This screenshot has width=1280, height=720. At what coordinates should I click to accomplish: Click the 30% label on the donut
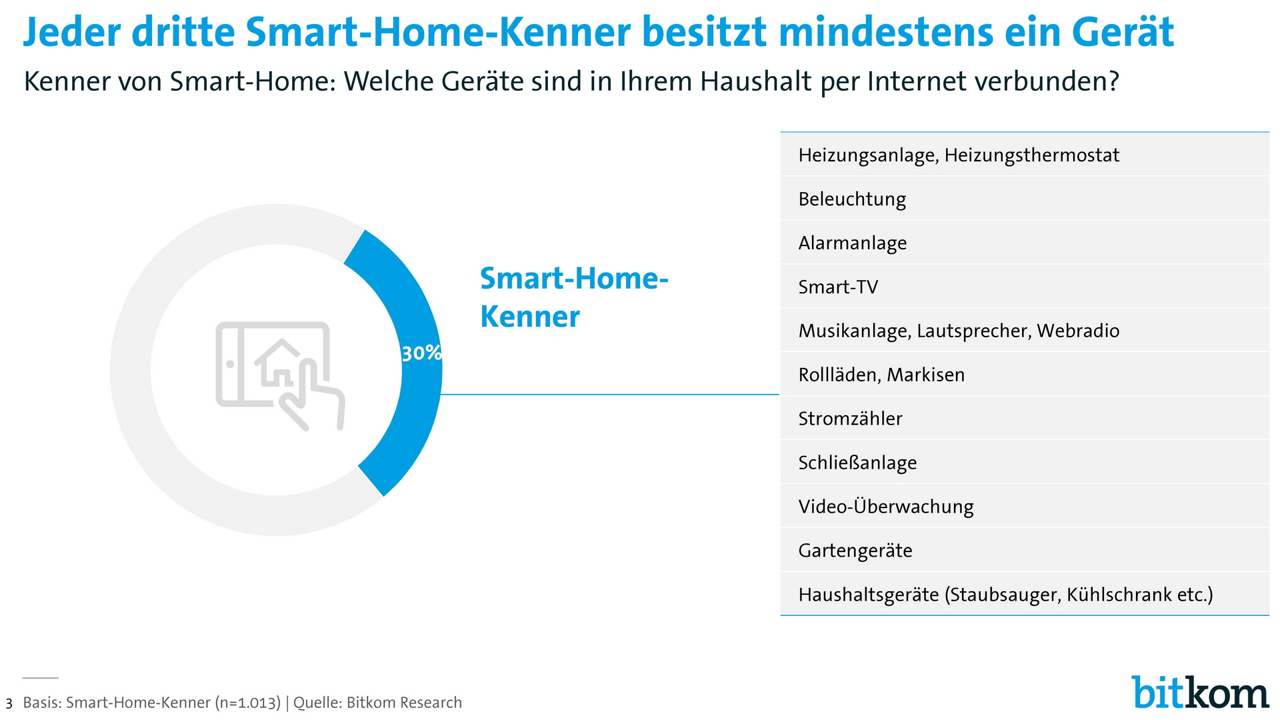pos(421,353)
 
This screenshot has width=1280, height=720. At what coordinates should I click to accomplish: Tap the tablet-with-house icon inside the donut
pos(280,376)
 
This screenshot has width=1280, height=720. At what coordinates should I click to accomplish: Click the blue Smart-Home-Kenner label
pos(574,297)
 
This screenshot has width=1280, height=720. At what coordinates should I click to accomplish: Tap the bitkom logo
pos(1200,692)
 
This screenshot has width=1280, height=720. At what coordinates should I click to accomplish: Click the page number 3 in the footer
pos(9,704)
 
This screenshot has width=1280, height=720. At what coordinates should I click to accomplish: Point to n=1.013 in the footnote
pos(248,703)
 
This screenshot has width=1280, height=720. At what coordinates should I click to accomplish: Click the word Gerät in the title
pos(1123,32)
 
